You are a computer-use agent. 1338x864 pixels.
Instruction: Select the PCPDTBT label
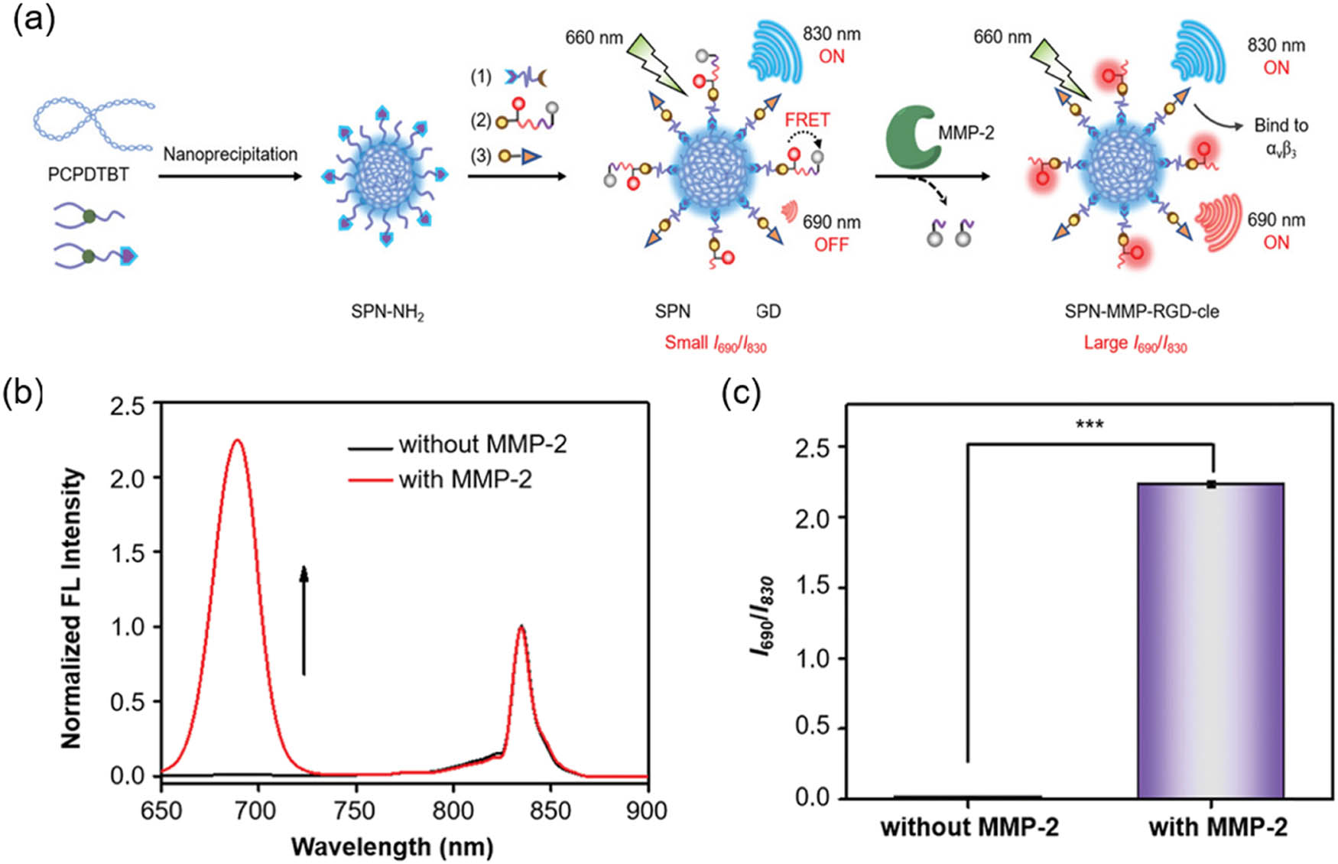88,174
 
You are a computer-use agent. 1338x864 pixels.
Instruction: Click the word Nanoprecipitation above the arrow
230,154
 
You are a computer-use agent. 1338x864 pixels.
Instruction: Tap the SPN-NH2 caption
388,312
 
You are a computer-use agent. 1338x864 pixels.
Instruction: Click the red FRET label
807,120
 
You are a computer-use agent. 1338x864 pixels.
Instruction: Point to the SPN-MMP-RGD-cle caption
1142,311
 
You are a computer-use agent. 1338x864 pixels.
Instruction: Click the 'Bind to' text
1281,125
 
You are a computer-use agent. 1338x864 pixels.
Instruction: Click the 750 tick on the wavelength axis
356,810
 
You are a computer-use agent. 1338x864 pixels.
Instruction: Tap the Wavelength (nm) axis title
391,847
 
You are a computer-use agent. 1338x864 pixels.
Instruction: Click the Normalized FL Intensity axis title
71,608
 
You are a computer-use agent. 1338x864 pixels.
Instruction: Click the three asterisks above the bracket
1089,424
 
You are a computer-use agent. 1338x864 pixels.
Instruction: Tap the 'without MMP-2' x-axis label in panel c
969,827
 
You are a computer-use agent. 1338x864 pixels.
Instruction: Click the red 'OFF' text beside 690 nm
831,245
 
